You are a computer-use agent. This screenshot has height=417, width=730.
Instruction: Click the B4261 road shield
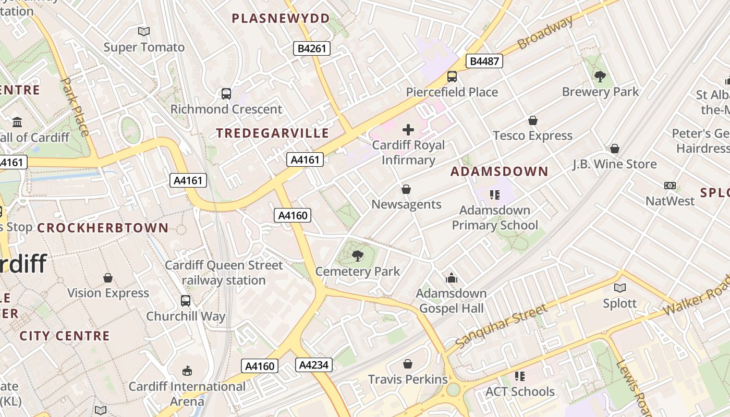pos(311,48)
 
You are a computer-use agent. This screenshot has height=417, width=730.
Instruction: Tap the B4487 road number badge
pos(484,61)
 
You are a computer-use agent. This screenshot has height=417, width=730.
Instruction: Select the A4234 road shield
pos(314,365)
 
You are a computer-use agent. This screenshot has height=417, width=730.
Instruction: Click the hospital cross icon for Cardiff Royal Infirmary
pos(408,129)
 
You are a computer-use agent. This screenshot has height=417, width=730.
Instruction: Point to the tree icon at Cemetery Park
pos(357,255)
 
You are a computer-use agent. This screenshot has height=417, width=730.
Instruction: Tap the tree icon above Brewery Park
pos(600,77)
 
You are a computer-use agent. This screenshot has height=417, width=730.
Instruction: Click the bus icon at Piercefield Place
pos(452,77)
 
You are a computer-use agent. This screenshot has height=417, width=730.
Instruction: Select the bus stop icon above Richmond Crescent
pos(226,94)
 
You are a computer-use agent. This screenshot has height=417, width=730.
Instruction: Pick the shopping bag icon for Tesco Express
pos(532,120)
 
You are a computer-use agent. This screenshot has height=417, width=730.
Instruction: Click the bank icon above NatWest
pos(670,186)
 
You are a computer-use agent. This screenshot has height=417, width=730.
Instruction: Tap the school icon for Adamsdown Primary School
pos(494,195)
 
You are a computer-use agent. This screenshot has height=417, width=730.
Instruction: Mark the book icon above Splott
pos(619,288)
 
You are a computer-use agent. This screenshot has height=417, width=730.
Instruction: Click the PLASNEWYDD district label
pos(281,19)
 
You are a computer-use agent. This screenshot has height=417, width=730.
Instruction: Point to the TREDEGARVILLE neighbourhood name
pos(273,133)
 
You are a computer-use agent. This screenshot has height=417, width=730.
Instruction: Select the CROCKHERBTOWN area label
pos(103,228)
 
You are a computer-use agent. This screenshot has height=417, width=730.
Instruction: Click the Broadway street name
pos(545,32)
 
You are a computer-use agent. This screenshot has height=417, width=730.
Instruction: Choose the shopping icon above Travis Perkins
pos(408,364)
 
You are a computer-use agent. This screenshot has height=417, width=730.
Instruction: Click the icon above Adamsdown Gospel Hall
pos(452,278)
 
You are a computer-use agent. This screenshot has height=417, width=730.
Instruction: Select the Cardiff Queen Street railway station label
pos(224,273)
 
